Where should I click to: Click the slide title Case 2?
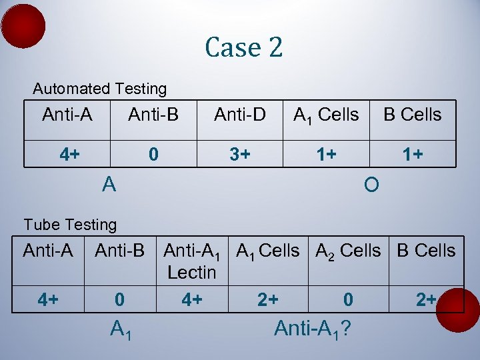coord(244,47)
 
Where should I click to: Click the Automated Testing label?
coord(100,89)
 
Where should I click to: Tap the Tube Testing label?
coord(70,225)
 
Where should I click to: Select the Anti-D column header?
coord(240,115)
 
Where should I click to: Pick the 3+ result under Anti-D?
coord(240,155)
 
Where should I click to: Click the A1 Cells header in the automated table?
coord(326,115)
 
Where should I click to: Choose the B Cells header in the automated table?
coord(412,115)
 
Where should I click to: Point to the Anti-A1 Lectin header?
coord(192,261)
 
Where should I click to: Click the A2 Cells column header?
coord(348,251)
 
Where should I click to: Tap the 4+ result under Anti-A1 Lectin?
coord(192,300)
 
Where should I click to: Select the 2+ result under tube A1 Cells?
coord(268,300)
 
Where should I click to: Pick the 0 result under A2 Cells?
coord(348,300)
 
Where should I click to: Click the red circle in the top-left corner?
coord(23,26)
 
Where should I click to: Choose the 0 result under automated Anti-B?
coord(153,155)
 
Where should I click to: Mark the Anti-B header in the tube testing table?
coord(119,251)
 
